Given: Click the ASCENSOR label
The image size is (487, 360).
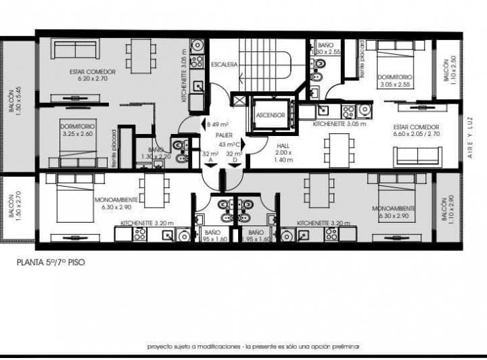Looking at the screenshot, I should (x=271, y=115).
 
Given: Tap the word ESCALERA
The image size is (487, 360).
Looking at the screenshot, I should (x=223, y=65).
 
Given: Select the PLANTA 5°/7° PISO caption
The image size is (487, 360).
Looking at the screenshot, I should (x=51, y=261).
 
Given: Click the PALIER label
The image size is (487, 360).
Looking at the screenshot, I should (x=215, y=135).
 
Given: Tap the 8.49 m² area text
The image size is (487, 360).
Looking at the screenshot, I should (x=218, y=124).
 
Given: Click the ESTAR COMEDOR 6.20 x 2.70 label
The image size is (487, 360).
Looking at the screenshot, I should (x=92, y=74).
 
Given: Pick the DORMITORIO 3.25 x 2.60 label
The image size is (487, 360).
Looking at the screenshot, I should (x=77, y=131).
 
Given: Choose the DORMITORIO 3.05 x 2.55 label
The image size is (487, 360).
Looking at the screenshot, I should (x=395, y=81).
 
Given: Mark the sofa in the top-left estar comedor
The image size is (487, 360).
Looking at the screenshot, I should (x=75, y=49).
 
